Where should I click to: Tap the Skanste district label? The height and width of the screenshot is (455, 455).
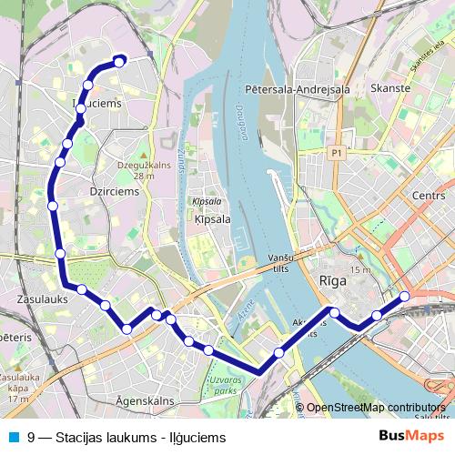(390, 88)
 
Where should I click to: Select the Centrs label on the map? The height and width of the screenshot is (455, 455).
(428, 195)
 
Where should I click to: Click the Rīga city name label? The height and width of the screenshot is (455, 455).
(333, 281)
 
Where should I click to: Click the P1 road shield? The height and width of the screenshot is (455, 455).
(338, 153)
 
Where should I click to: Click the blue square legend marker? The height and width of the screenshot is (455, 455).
(13, 437)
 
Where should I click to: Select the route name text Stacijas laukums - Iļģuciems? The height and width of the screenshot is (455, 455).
(140, 438)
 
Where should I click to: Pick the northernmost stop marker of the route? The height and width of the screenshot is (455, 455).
(118, 62)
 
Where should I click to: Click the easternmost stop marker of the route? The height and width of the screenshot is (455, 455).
(405, 296)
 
